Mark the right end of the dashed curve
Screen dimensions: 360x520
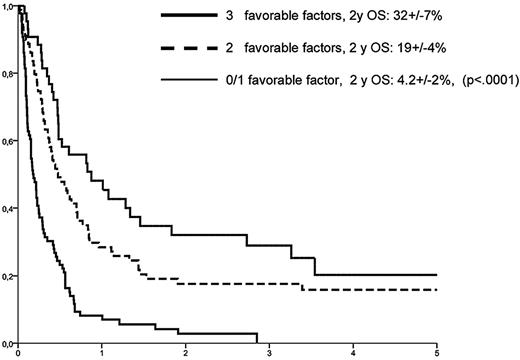pos(437,290)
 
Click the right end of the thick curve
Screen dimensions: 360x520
pos(437,275)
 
